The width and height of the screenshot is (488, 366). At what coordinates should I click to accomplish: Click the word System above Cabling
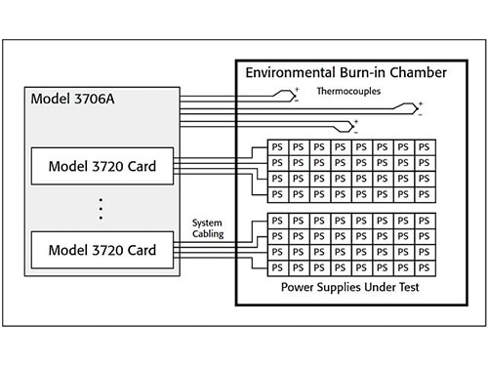[207, 222]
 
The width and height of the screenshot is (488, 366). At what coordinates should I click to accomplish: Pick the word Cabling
[207, 233]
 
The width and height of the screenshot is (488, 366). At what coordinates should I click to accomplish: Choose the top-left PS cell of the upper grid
[277, 146]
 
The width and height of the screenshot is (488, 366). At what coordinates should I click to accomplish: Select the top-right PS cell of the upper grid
[426, 146]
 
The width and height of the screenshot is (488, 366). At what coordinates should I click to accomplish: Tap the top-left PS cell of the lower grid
[277, 222]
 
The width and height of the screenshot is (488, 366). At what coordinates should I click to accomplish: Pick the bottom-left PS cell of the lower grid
[277, 266]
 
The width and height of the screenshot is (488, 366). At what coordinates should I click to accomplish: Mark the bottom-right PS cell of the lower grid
[426, 266]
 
